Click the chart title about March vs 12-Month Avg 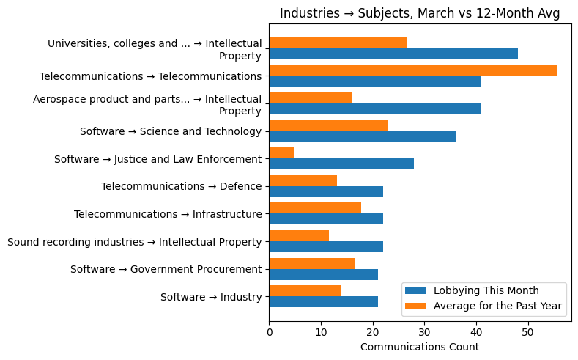pyautogui.click(x=420, y=13)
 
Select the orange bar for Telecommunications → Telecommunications pyautogui.click(x=412, y=70)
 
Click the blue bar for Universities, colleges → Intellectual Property pyautogui.click(x=393, y=54)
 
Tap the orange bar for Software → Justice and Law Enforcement pyautogui.click(x=281, y=153)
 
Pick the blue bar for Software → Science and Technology pyautogui.click(x=362, y=136)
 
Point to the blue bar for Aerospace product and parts pyautogui.click(x=375, y=109)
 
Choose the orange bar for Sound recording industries pyautogui.click(x=299, y=235)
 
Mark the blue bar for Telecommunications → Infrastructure pyautogui.click(x=326, y=218)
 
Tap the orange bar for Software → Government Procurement pyautogui.click(x=312, y=263)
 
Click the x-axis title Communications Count pyautogui.click(x=420, y=347)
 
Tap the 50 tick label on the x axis pyautogui.click(x=527, y=332)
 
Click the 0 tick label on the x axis pyautogui.click(x=270, y=332)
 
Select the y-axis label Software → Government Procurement pyautogui.click(x=166, y=269)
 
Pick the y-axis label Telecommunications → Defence pyautogui.click(x=181, y=186)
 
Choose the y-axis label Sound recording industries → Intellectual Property pyautogui.click(x=134, y=241)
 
